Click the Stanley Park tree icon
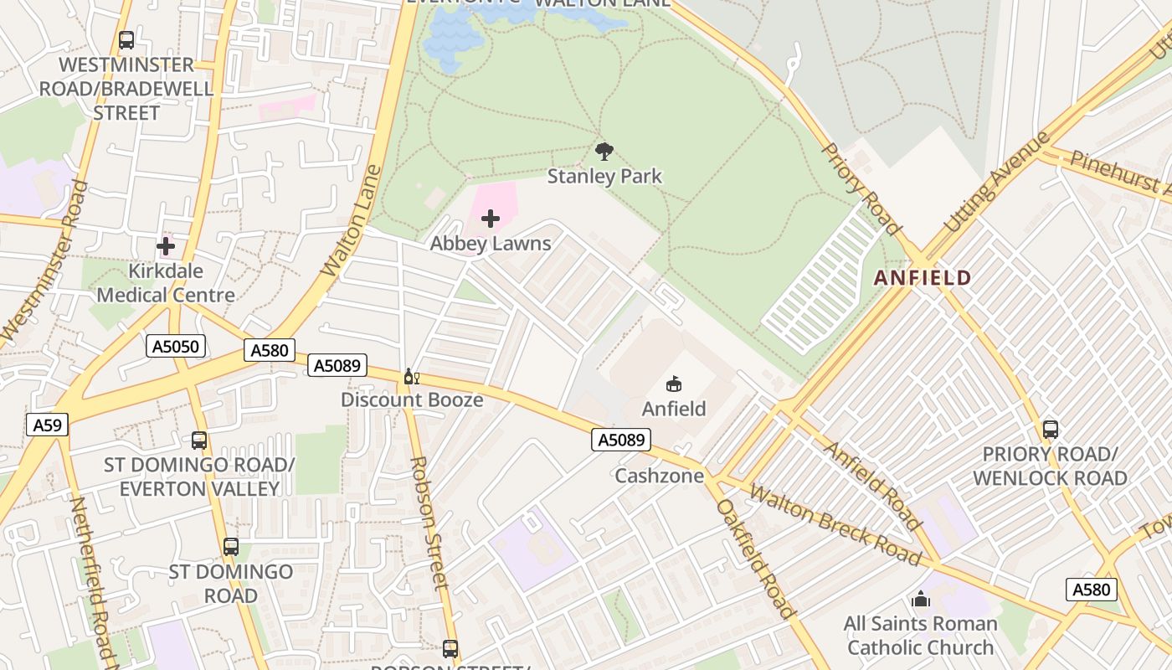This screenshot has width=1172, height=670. [x=604, y=152]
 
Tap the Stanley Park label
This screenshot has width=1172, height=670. [x=604, y=176]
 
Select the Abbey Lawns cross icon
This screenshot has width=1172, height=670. [x=491, y=219]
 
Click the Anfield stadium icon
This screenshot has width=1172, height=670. [x=673, y=384]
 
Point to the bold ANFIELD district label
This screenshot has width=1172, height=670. [x=923, y=278]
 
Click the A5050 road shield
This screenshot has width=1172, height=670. [x=175, y=346]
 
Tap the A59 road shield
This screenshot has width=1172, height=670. [x=47, y=425]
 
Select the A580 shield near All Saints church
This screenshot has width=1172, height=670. [x=1092, y=590]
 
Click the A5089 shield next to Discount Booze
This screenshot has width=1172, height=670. [x=337, y=365]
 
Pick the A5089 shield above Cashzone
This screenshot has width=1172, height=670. [x=621, y=440]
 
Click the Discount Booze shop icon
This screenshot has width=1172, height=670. [x=410, y=377]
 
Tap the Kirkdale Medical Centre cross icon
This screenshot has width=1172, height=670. [x=166, y=247]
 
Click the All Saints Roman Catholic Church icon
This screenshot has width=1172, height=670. [x=920, y=600]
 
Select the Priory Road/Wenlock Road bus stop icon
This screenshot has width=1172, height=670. [x=1050, y=430]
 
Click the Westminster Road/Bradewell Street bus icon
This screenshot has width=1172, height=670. [x=126, y=40]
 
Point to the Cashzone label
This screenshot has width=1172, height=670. [x=655, y=476]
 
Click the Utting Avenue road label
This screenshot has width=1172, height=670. [x=996, y=182]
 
